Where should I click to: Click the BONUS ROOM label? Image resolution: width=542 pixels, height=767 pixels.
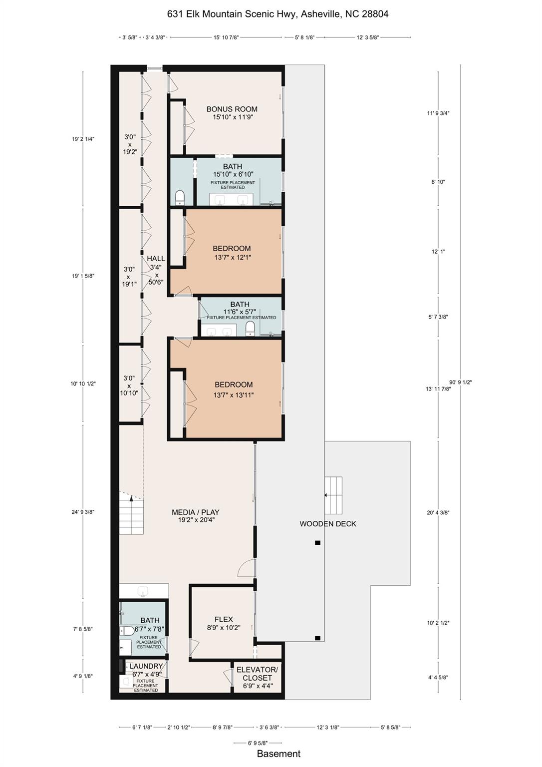click(x=232, y=109)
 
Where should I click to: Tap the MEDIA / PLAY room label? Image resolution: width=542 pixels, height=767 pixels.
click(x=195, y=512)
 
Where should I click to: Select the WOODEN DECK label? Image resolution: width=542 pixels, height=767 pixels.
click(x=327, y=524)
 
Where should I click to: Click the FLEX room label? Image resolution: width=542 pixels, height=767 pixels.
click(x=224, y=619)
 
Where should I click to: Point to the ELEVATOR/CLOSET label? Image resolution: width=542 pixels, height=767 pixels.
click(x=257, y=674)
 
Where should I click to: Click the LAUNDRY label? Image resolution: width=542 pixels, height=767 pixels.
click(x=146, y=666)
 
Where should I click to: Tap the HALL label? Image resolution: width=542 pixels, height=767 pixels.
click(x=156, y=259)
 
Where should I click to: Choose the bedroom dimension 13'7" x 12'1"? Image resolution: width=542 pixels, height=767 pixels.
click(x=232, y=258)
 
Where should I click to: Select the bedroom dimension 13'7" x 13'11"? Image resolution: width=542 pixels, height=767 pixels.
click(x=234, y=395)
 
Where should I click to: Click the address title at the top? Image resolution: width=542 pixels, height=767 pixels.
click(x=277, y=14)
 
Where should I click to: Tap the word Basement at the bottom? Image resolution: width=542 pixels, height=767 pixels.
click(x=278, y=754)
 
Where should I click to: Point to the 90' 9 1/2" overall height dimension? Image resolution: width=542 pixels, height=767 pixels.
click(x=460, y=382)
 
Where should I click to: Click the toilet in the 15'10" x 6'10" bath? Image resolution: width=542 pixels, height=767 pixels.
click(x=180, y=198)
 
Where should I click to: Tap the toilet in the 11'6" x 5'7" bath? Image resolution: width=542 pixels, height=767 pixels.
click(x=250, y=328)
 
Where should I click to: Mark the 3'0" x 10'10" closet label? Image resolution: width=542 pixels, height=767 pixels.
click(x=129, y=385)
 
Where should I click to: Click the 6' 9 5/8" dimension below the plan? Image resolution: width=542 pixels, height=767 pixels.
click(x=257, y=743)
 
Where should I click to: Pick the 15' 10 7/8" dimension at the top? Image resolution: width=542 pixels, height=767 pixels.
click(x=226, y=37)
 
